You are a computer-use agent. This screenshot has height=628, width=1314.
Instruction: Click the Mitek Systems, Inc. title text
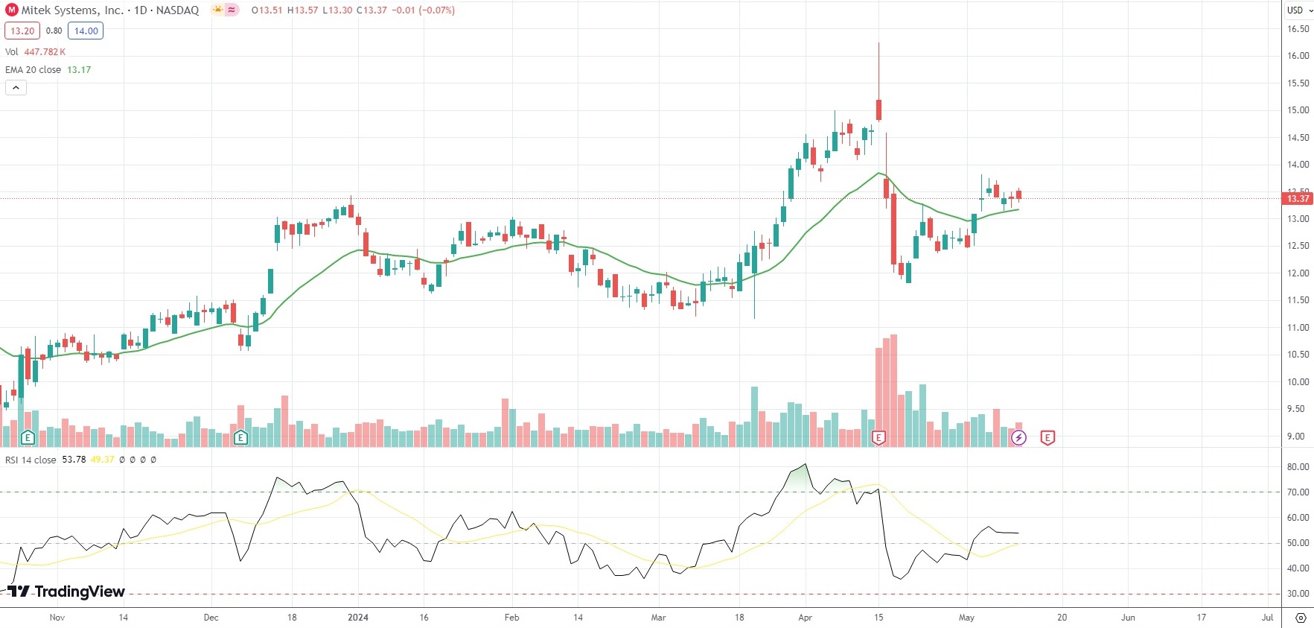pyautogui.click(x=72, y=10)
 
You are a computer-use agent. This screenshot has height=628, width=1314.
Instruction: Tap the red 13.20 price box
pyautogui.click(x=22, y=31)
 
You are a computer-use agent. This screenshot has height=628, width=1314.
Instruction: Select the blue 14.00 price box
pyautogui.click(x=86, y=31)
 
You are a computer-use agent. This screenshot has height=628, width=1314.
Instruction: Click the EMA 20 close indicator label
pyautogui.click(x=34, y=69)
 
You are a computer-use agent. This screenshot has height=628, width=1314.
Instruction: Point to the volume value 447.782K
pyautogui.click(x=45, y=51)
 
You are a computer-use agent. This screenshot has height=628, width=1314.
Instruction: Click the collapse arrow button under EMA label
pyautogui.click(x=16, y=87)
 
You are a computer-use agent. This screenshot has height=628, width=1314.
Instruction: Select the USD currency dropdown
pyautogui.click(x=1300, y=10)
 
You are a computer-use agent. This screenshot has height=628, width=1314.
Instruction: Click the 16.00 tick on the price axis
pyautogui.click(x=1298, y=56)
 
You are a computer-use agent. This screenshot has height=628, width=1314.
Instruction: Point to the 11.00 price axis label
pyautogui.click(x=1298, y=328)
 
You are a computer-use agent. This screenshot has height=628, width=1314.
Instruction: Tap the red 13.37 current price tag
pyautogui.click(x=1298, y=198)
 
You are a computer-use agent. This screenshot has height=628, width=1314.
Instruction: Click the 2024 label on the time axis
pyautogui.click(x=358, y=618)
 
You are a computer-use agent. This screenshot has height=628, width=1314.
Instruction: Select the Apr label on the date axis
pyautogui.click(x=805, y=618)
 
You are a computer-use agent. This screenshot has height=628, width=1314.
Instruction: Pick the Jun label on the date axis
pyautogui.click(x=1128, y=618)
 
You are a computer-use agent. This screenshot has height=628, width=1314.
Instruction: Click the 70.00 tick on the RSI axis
pyautogui.click(x=1298, y=492)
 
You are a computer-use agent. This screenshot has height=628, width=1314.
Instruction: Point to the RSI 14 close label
pyautogui.click(x=31, y=460)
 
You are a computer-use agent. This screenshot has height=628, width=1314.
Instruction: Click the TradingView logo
pyautogui.click(x=66, y=591)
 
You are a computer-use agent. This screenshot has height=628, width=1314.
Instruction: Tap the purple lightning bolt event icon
pyautogui.click(x=1018, y=438)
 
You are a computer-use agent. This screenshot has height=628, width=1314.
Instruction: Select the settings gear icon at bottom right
pyautogui.click(x=1300, y=618)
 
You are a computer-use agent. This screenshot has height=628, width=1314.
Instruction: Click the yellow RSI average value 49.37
pyautogui.click(x=103, y=460)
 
